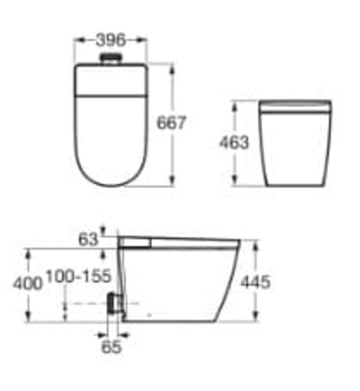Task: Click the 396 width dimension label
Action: (x=111, y=40)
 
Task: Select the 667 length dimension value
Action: (x=171, y=122)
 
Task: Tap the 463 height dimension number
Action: (x=234, y=143)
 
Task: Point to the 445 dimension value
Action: (x=255, y=282)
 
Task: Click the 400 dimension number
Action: (x=27, y=284)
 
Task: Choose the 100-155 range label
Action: (x=78, y=275)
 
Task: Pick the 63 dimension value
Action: (x=88, y=240)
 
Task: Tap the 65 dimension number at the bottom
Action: (x=111, y=346)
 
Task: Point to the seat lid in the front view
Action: (x=295, y=107)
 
